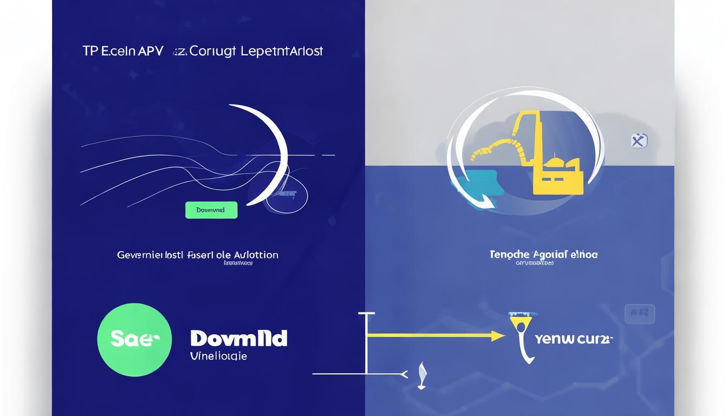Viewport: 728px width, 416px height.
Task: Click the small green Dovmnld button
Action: tap(211, 210)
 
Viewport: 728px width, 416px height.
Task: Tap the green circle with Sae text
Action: tap(134, 340)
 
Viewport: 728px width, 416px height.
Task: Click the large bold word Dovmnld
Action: tap(239, 339)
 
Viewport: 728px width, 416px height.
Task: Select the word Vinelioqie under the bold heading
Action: tap(219, 356)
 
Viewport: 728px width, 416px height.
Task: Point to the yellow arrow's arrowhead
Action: tap(499, 336)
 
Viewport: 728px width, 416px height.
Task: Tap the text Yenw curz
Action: tap(573, 340)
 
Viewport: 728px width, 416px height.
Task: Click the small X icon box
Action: tap(639, 141)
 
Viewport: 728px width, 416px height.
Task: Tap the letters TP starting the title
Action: tap(89, 51)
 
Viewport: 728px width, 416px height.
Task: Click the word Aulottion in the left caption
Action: tap(256, 255)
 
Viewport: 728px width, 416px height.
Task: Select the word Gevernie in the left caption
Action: tap(138, 255)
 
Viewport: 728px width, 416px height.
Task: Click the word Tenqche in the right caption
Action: tap(510, 254)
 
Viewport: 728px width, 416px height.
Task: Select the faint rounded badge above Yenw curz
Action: tap(640, 314)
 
